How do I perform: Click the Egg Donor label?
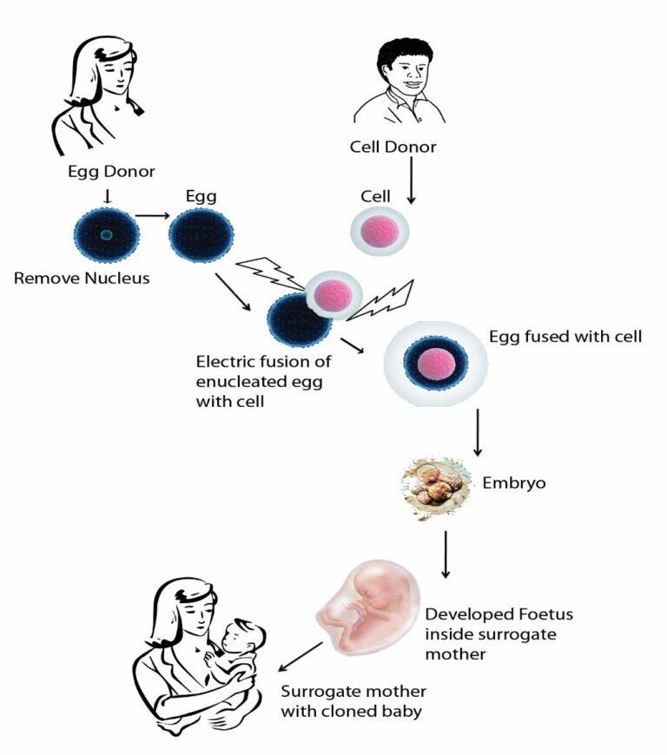[x=105, y=170]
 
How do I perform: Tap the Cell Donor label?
[x=393, y=147]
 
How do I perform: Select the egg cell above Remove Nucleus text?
[x=105, y=233]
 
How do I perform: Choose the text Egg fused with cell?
[x=565, y=337]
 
